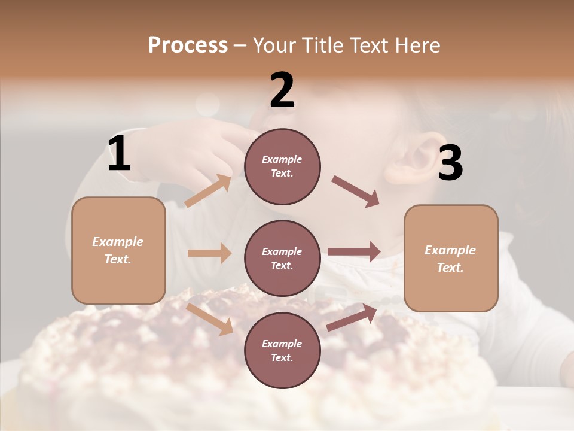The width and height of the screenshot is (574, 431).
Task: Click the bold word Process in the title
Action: coord(188,45)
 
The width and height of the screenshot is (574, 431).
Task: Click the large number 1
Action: coord(119,154)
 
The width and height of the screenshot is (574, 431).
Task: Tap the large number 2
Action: coord(282,90)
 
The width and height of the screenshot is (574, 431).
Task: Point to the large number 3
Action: coord(451,163)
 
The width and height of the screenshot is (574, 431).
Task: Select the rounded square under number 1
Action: coord(118,250)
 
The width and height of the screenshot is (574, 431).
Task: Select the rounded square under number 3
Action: coord(451,258)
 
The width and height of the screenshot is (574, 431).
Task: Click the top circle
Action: coord(282,166)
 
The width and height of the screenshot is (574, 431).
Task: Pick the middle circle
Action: coord(282,258)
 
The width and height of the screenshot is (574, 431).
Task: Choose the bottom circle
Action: coord(282,350)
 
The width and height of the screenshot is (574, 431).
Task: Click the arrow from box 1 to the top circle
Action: coord(208,191)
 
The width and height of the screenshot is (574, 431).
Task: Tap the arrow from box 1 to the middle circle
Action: coord(209,253)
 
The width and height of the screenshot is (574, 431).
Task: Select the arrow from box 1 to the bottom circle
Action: coord(210,318)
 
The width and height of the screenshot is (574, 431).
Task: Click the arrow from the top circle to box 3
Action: coord(356,192)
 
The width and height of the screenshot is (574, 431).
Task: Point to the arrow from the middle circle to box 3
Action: coord(354,252)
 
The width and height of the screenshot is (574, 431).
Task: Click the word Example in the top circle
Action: coord(282,159)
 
